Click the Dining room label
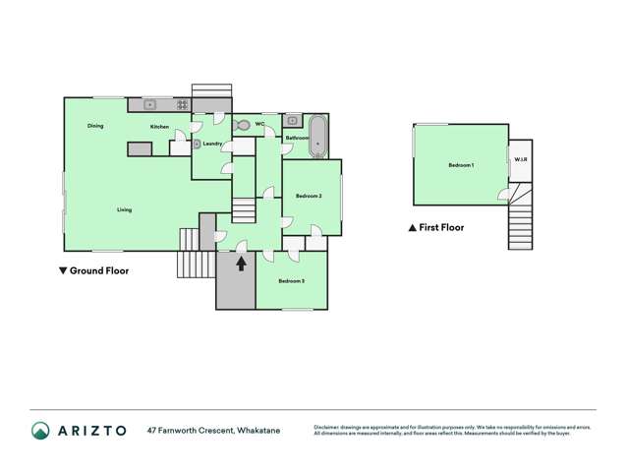click(x=95, y=126)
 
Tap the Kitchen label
click(x=159, y=127)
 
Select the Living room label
click(x=124, y=209)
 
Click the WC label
click(x=260, y=124)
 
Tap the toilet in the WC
click(x=243, y=126)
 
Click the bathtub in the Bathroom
click(x=318, y=136)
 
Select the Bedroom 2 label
click(x=309, y=197)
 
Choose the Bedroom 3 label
click(x=290, y=282)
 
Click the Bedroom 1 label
click(x=461, y=165)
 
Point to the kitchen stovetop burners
click(x=183, y=104)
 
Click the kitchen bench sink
click(x=151, y=104)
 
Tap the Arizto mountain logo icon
click(x=40, y=430)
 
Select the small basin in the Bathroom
click(x=293, y=121)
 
